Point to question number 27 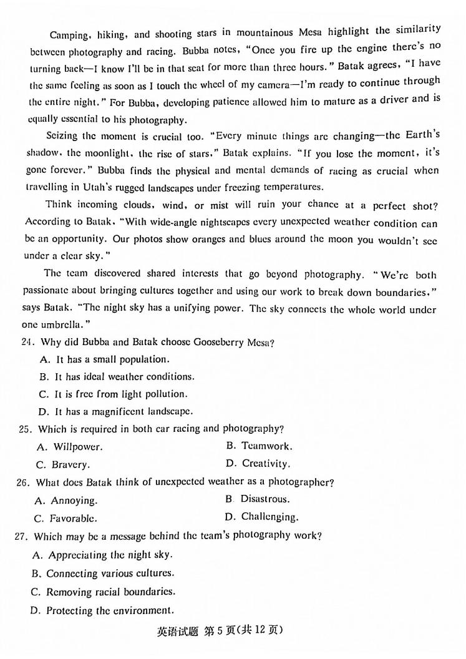point(24,536)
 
